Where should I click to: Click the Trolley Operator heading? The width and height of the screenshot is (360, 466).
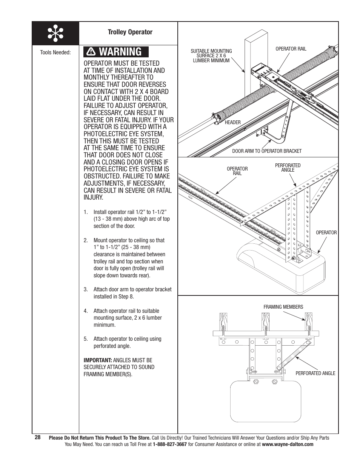point(130,32)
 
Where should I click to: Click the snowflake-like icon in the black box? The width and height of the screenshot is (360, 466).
point(55,34)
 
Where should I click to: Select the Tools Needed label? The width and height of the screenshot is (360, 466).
point(55,52)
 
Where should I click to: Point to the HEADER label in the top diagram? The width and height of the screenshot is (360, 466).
point(232,122)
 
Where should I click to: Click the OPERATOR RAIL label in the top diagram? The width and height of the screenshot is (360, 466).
point(291,49)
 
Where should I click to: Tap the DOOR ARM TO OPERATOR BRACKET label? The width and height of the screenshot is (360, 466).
point(266,151)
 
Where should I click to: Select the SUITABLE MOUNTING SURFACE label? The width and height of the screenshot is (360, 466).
point(211,55)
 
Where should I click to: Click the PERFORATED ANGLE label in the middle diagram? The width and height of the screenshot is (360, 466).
point(288,168)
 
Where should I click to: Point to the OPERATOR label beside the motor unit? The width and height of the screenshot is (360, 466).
point(326,232)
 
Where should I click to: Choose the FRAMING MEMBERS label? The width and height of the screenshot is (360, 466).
point(283,307)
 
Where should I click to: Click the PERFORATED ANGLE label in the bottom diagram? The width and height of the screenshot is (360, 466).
point(315,373)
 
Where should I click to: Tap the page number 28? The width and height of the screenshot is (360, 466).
point(37,437)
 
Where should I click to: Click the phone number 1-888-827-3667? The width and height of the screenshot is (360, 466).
point(169,444)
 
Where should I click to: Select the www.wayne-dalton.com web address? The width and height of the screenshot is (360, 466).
point(288,444)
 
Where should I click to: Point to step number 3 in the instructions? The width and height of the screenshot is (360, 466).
point(86,289)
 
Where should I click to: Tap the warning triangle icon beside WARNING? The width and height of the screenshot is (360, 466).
point(91,52)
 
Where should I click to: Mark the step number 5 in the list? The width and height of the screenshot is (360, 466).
point(86,339)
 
